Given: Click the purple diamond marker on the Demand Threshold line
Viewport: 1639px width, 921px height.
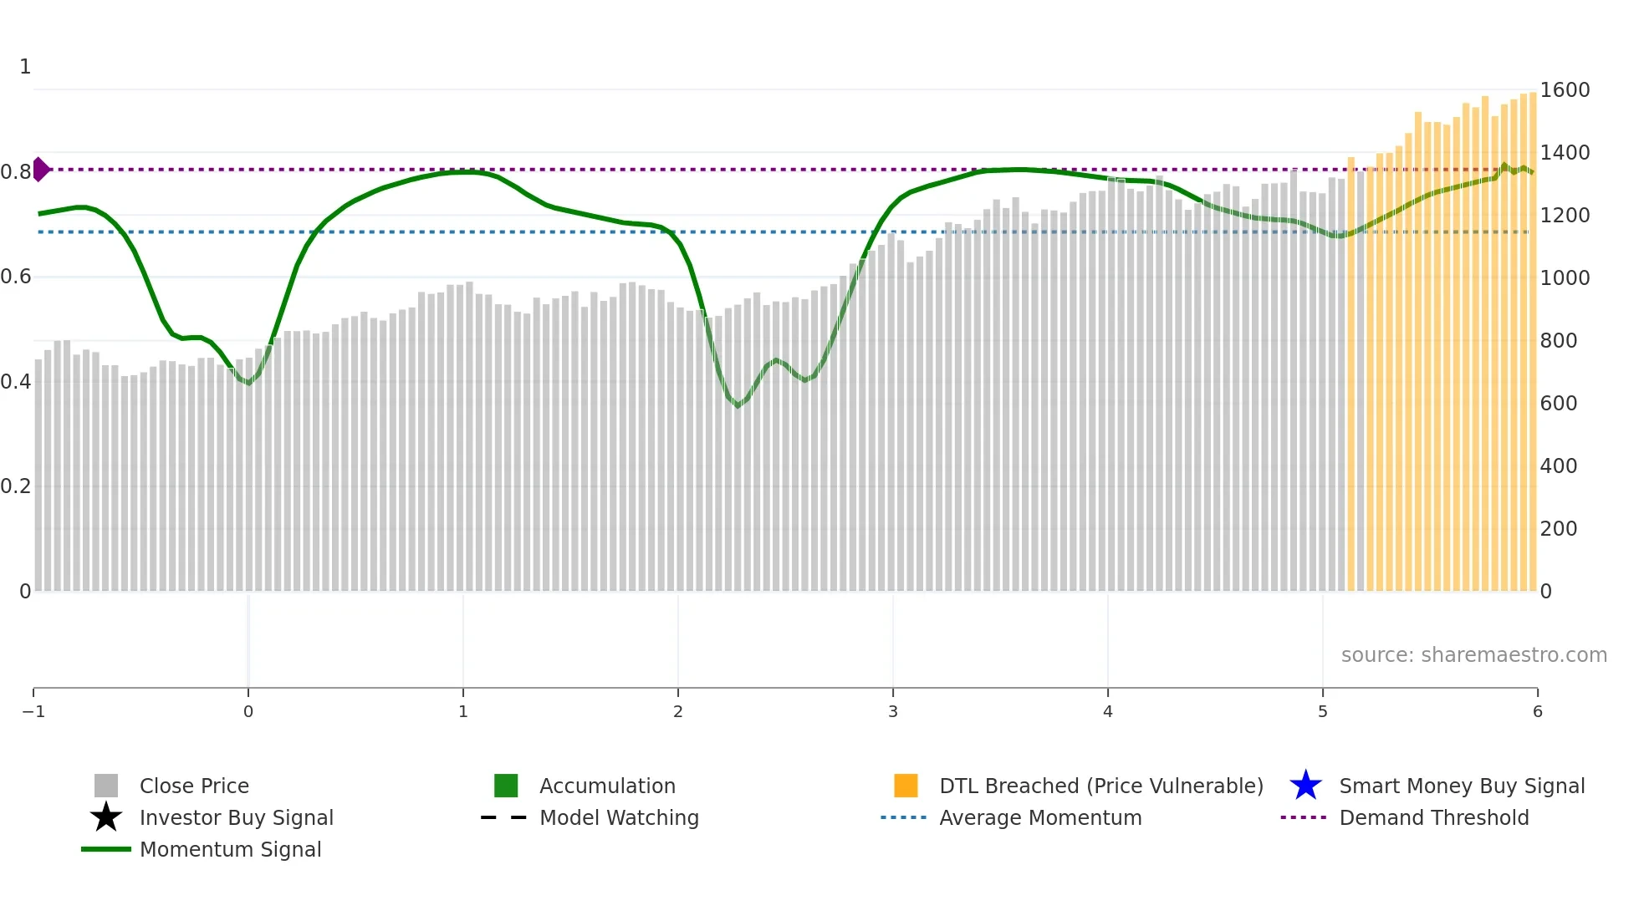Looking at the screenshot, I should coord(41,169).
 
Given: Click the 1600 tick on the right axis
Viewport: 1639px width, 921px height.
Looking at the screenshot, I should coord(1565,90).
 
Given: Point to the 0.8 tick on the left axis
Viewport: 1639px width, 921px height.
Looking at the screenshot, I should coord(16,172).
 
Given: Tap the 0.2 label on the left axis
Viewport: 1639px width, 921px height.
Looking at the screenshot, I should coord(16,486).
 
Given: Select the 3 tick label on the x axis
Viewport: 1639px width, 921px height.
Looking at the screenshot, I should coord(893,711).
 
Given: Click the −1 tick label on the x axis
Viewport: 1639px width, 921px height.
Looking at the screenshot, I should coord(33,711).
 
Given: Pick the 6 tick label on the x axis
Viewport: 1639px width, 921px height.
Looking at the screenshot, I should coord(1537,711).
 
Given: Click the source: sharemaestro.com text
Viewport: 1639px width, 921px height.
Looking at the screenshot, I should coord(1473,655).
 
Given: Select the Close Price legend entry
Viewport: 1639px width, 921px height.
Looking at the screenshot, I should coord(194,786).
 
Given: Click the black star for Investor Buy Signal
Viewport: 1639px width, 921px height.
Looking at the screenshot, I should coord(106,817).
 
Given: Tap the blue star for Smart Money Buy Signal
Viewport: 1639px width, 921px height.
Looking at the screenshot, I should coord(1305,786).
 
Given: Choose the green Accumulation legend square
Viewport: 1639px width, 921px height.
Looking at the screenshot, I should coord(506,786).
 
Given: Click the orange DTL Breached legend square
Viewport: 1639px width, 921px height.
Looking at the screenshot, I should coord(906,786).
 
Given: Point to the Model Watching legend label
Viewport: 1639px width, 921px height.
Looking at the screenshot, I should coord(619,817).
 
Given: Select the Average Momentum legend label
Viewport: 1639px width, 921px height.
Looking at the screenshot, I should coord(1040,817).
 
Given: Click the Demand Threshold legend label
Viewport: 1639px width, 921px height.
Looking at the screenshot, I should coord(1433,817).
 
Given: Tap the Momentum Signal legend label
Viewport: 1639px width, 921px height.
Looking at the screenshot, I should coord(230,849).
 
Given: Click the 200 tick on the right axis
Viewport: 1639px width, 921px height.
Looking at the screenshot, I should coord(1558,529).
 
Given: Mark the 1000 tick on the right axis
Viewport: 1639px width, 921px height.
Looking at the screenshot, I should coord(1565,278).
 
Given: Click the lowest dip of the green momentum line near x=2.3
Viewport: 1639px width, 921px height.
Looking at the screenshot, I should coord(738,406).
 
